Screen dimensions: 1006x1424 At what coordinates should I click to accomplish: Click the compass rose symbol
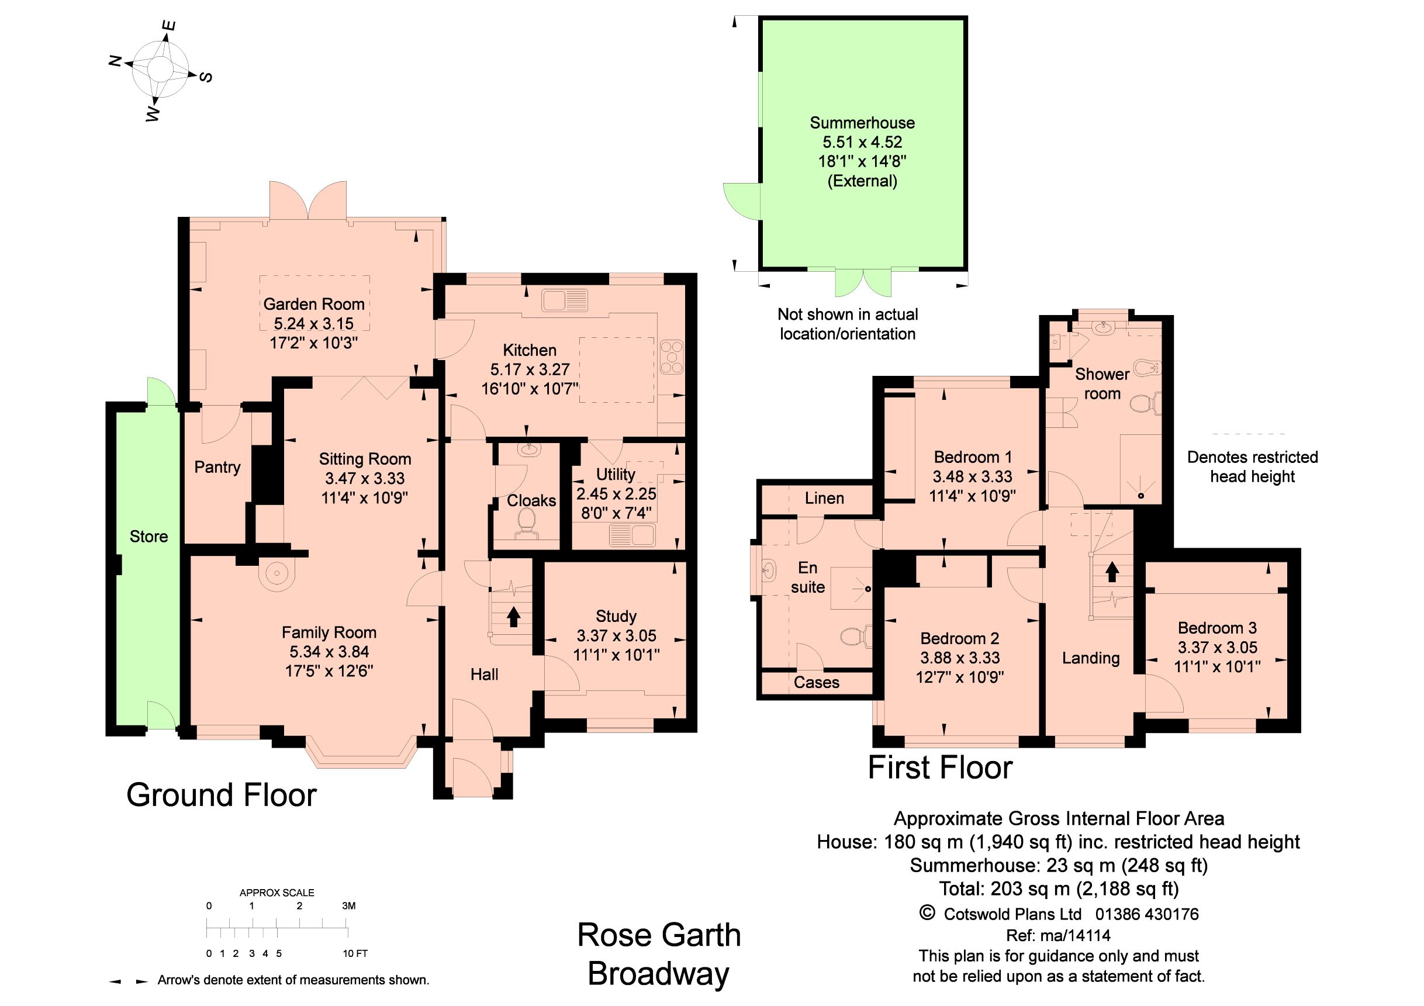coord(160,68)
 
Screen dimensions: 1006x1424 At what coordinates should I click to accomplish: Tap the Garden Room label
coord(314,304)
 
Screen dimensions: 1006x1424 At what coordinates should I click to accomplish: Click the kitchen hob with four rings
coord(671,358)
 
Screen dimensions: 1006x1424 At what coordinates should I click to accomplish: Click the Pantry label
coord(217,467)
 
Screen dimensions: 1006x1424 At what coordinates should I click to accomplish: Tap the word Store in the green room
coord(149,537)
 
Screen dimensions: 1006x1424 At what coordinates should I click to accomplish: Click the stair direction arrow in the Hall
coord(513,617)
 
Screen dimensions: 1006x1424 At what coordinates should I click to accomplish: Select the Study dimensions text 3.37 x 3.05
coord(616,636)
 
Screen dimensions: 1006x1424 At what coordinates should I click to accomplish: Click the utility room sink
coord(632,535)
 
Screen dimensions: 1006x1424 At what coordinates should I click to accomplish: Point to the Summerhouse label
coord(862,123)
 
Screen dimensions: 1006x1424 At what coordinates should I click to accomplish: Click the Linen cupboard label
coord(824,498)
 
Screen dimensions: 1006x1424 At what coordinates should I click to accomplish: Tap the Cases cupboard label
coord(816,683)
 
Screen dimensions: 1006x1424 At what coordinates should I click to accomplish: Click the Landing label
coord(1090,658)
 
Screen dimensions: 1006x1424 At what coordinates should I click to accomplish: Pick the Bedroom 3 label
coord(1217,628)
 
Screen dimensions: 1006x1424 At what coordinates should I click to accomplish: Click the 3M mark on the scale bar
coord(348,905)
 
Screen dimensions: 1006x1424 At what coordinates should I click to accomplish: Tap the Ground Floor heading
coord(222,795)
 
